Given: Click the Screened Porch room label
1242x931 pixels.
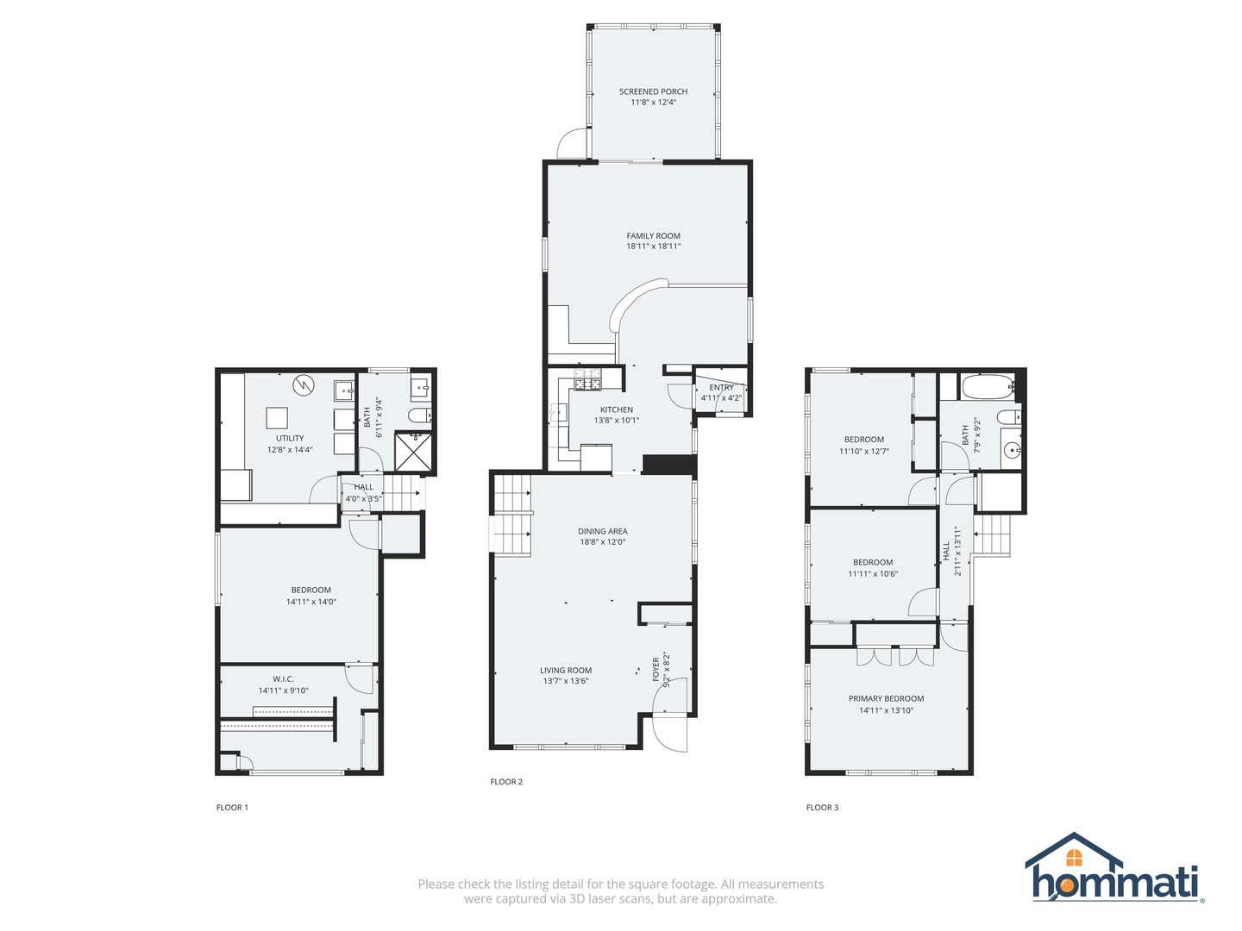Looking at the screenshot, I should coord(653,91).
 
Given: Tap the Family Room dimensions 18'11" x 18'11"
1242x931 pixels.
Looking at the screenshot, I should coord(653,247).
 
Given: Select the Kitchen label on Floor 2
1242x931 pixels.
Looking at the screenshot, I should coord(617,409).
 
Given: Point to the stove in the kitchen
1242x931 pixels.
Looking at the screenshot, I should coord(587,384).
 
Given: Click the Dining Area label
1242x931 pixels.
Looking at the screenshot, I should coord(602,531).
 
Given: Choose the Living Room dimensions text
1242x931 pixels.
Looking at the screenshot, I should coord(566,681).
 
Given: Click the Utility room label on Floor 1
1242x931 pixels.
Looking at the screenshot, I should coord(290,438).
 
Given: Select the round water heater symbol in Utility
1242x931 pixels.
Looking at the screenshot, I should coord(303,385).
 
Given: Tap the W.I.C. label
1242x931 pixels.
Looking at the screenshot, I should coord(283,679).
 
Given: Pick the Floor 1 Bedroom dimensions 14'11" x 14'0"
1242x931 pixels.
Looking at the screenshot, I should coord(310,602).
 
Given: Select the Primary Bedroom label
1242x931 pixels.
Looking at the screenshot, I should coord(886,698).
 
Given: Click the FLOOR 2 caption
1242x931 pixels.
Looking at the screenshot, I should coord(506,782).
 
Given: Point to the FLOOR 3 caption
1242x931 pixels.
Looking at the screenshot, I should coord(822,808).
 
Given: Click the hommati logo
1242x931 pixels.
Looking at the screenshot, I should coord(1114,869).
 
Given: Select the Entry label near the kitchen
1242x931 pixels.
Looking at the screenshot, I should coord(721,388).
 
